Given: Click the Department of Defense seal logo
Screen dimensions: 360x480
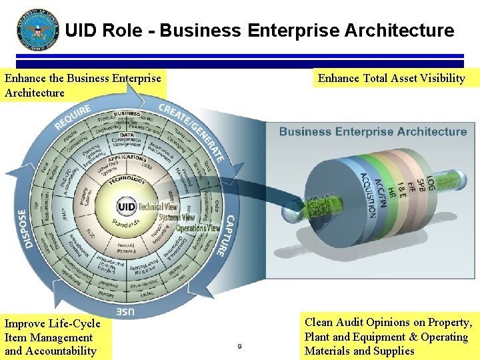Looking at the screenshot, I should tap(38, 30).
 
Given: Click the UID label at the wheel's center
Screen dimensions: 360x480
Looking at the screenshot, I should tap(127, 206).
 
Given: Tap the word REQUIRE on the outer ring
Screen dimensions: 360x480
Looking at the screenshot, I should tap(73, 116).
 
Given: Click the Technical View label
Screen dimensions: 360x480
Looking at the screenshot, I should tap(158, 207).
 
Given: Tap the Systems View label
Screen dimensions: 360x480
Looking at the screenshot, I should tap(177, 217).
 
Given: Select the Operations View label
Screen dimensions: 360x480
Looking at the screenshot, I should tap(197, 228).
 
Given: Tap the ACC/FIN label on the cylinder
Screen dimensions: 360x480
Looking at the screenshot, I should tap(381, 193).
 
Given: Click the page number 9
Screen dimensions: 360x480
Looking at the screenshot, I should tap(239, 346).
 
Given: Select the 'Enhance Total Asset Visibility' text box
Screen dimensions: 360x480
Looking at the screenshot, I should tap(391, 78).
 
